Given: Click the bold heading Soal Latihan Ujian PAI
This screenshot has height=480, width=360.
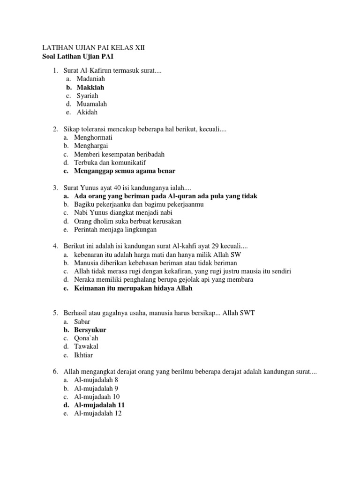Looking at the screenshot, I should tap(78, 57).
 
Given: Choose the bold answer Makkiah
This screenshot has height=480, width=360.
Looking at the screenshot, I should tap(89, 87).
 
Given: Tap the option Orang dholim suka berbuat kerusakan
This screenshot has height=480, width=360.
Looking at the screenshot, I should tap(127, 221).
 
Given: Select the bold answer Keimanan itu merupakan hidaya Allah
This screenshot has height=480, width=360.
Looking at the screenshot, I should tap(133, 288).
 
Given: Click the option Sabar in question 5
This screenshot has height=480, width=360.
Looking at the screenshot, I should tap(82, 322).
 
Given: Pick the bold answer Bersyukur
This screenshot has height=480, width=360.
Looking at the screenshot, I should tap(90, 330).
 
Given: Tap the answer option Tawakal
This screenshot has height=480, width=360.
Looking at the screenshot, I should tap(86, 347).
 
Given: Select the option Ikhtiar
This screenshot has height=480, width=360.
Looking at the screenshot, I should tap(84, 355).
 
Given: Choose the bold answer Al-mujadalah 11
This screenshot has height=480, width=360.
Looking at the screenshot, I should tap(99, 405).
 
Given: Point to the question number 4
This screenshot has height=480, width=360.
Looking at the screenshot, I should tap(55, 246).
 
